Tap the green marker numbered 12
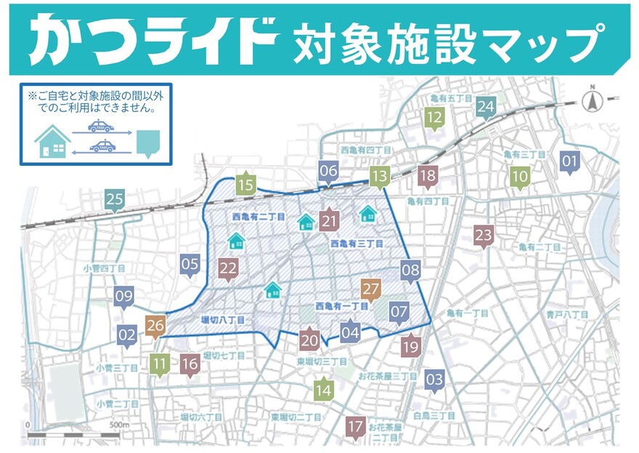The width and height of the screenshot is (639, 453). coord(435,117)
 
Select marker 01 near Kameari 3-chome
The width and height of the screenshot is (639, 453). coord(570,161)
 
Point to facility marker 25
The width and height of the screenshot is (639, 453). coord(115,199)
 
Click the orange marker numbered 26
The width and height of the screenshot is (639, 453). coord(155,326)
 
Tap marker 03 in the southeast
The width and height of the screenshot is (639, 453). coord(434,380)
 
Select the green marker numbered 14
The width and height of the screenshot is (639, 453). coord(324,390)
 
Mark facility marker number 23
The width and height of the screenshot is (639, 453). coord(484,236)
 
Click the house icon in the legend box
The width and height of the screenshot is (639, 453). coord(53,140)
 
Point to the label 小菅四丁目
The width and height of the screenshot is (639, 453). coord(104,268)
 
